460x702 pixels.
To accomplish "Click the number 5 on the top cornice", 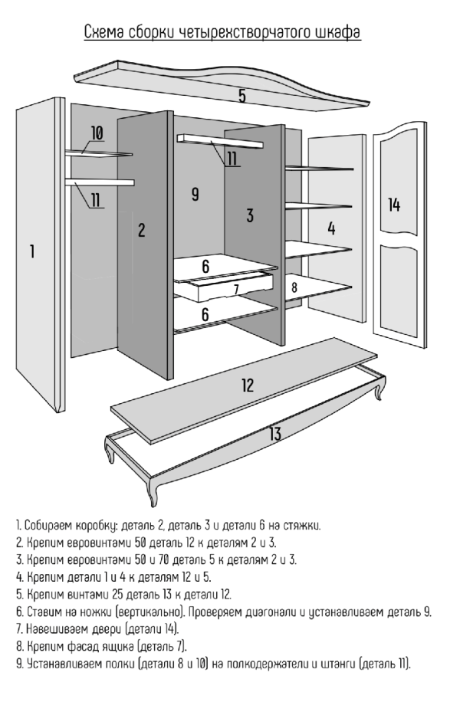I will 242,96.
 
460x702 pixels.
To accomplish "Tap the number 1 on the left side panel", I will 31,251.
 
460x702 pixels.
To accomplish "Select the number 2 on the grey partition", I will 141,230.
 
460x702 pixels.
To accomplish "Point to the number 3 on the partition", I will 250,215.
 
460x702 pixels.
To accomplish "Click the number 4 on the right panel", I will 331,228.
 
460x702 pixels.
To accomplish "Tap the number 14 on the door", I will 394,205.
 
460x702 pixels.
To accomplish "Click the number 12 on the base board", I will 247,385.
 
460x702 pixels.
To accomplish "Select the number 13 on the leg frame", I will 274,434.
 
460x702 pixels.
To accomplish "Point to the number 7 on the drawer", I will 236,289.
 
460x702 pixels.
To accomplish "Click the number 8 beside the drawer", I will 294,287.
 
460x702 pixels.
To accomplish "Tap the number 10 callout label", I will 97,133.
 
